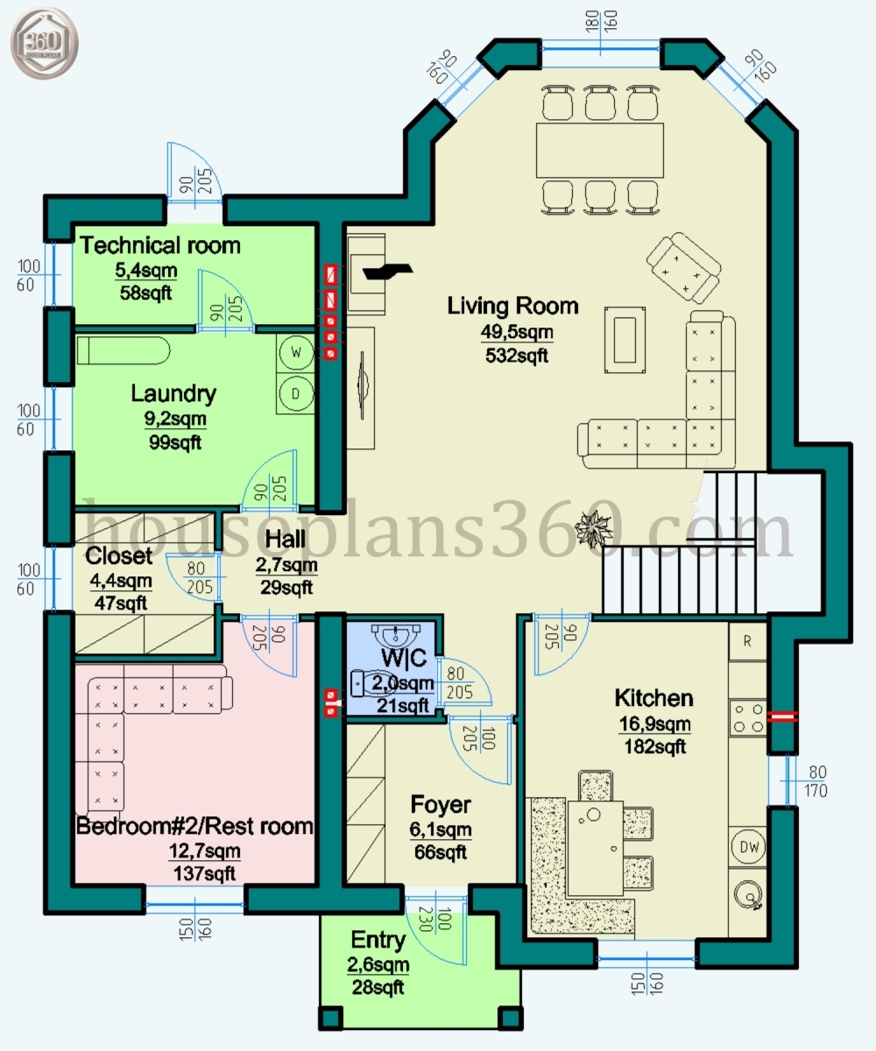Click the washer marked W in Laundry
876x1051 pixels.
(x=296, y=353)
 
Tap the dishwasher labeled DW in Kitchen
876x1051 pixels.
(x=748, y=847)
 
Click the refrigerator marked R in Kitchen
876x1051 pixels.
(x=747, y=640)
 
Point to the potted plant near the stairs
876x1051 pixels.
(x=594, y=528)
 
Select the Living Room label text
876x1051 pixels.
(x=512, y=306)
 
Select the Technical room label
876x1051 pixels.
(x=160, y=245)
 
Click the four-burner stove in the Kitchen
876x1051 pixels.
(x=747, y=717)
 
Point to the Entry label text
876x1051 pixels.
(x=378, y=941)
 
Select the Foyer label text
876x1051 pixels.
(x=441, y=805)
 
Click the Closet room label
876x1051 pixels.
(x=119, y=556)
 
